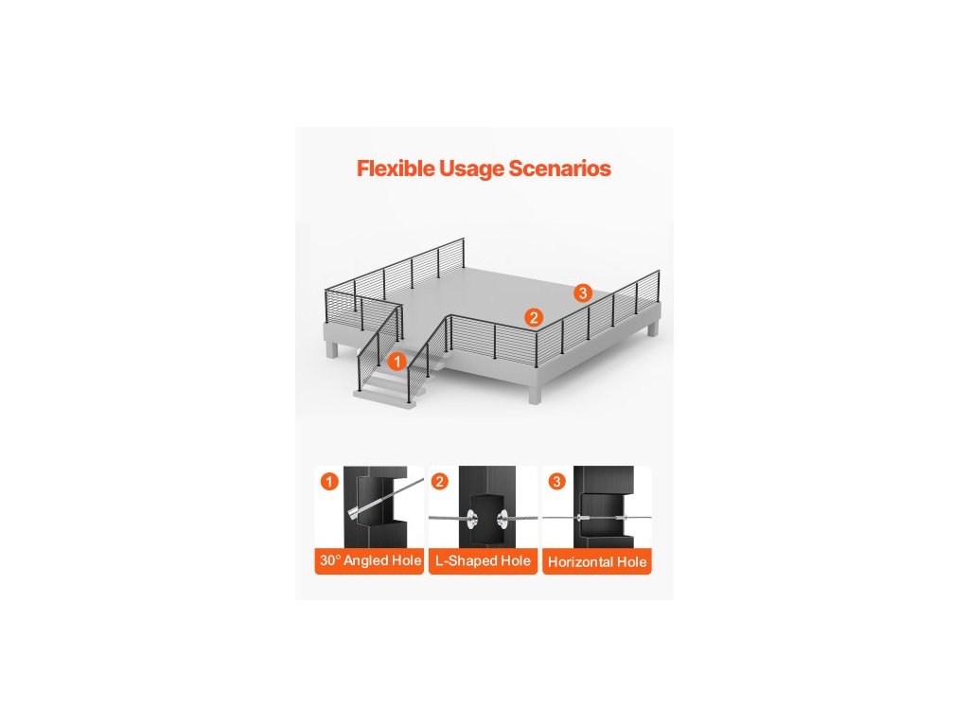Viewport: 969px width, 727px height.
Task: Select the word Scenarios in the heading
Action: click(x=560, y=169)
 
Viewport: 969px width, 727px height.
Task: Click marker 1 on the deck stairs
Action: click(x=397, y=361)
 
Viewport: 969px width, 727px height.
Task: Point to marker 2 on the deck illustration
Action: click(x=534, y=317)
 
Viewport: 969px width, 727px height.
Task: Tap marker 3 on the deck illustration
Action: click(x=583, y=293)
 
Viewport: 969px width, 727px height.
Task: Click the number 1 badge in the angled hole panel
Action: click(x=328, y=482)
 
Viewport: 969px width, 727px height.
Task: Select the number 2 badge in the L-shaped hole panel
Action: click(x=440, y=482)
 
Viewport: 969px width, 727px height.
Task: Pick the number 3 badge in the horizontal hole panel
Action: click(x=556, y=482)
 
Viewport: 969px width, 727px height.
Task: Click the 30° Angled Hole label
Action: click(x=370, y=561)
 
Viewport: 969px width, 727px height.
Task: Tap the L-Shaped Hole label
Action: click(x=483, y=561)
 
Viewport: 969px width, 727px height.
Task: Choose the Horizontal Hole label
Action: click(x=597, y=562)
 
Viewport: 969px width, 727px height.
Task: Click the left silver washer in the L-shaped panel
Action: click(x=467, y=518)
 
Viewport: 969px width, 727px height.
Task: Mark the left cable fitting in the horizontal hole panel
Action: click(x=583, y=519)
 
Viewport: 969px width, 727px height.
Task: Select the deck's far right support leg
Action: click(x=653, y=328)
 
